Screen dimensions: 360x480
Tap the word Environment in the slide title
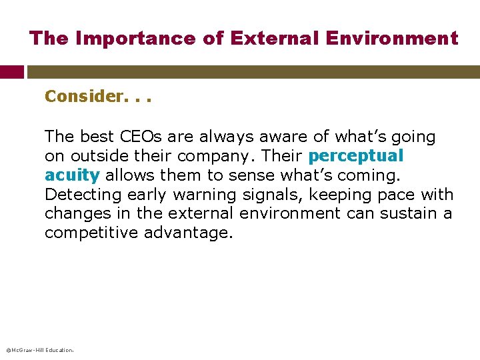(392, 39)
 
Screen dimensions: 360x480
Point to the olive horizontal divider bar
(253, 72)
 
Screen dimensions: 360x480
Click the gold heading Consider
(84, 97)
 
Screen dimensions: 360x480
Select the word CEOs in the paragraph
(140, 137)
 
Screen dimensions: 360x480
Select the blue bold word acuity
(72, 175)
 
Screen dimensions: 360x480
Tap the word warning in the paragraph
(201, 195)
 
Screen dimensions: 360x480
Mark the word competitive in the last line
(88, 233)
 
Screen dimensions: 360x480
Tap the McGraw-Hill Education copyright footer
(39, 349)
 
